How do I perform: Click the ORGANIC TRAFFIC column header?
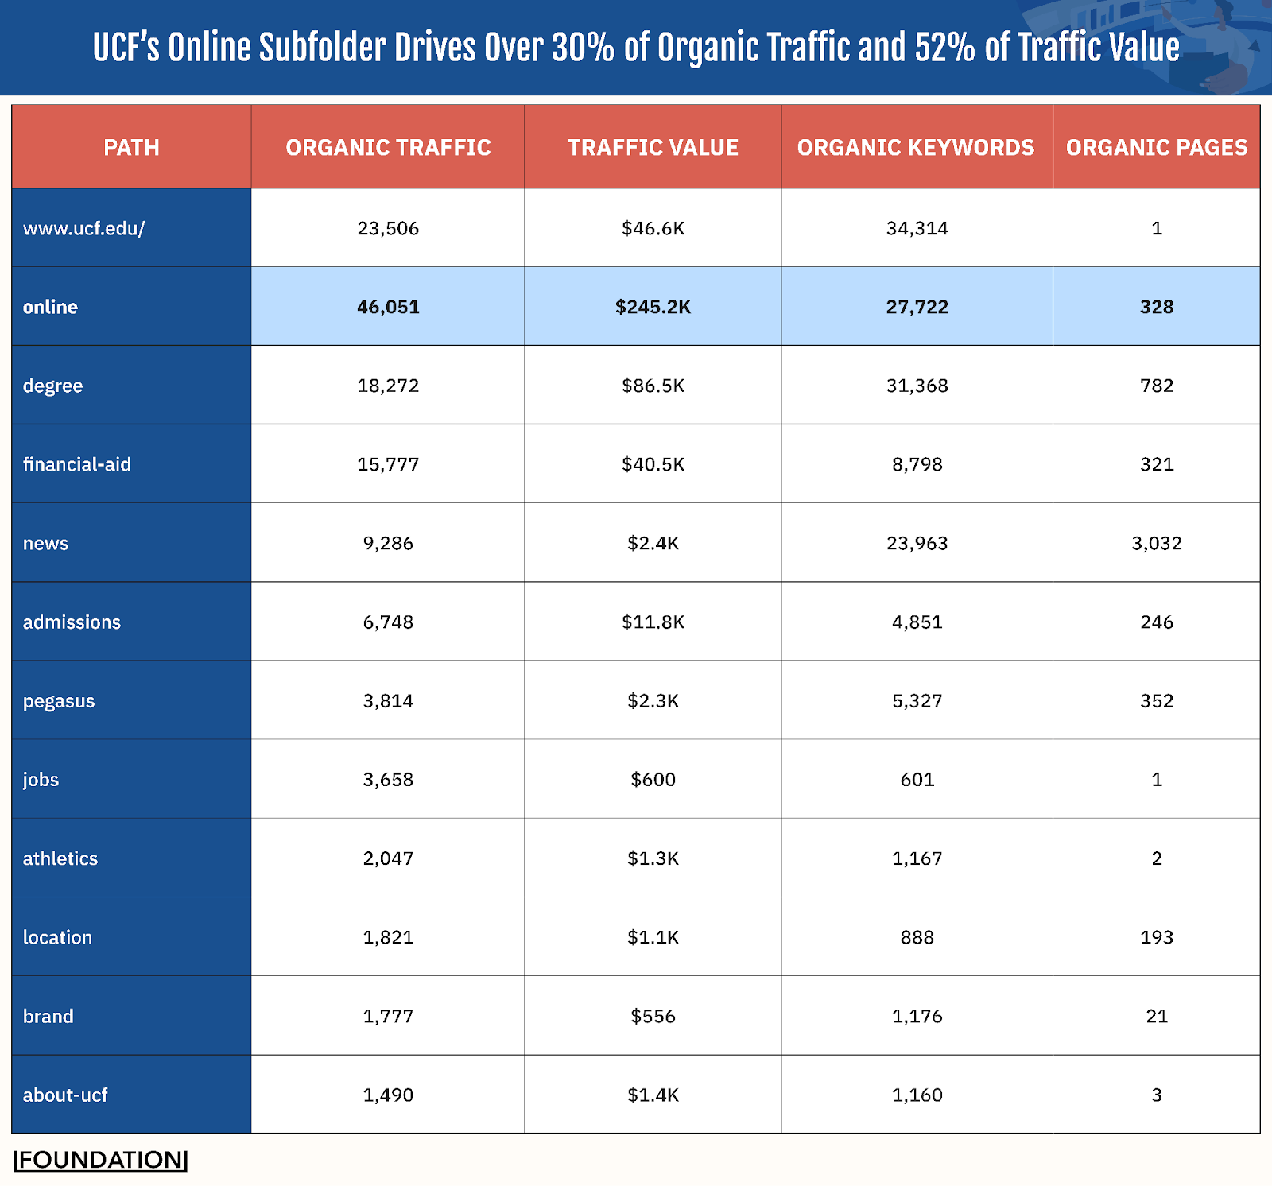coord(388,147)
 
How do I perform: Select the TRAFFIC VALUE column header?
coord(653,147)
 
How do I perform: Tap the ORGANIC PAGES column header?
coord(1156,147)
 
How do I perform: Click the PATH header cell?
coord(131,147)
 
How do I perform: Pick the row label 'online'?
coord(50,307)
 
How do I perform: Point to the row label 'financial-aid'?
coord(76,464)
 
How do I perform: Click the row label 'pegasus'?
coord(59,701)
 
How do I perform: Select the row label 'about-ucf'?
coord(65,1095)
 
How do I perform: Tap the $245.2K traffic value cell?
coord(653,307)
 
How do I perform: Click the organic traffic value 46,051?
coord(388,307)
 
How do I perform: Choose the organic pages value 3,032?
coord(1156,543)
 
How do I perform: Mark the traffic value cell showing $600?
coord(653,779)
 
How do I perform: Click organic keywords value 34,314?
coord(917,228)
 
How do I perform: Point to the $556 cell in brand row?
coord(653,1016)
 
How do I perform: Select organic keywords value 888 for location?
coord(917,937)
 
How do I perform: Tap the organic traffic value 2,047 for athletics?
coord(388,858)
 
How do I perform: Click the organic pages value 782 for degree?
coord(1156,386)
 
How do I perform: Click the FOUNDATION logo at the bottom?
coord(101,1160)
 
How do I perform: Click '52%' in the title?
coord(944,48)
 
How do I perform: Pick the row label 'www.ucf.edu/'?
coord(83,228)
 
